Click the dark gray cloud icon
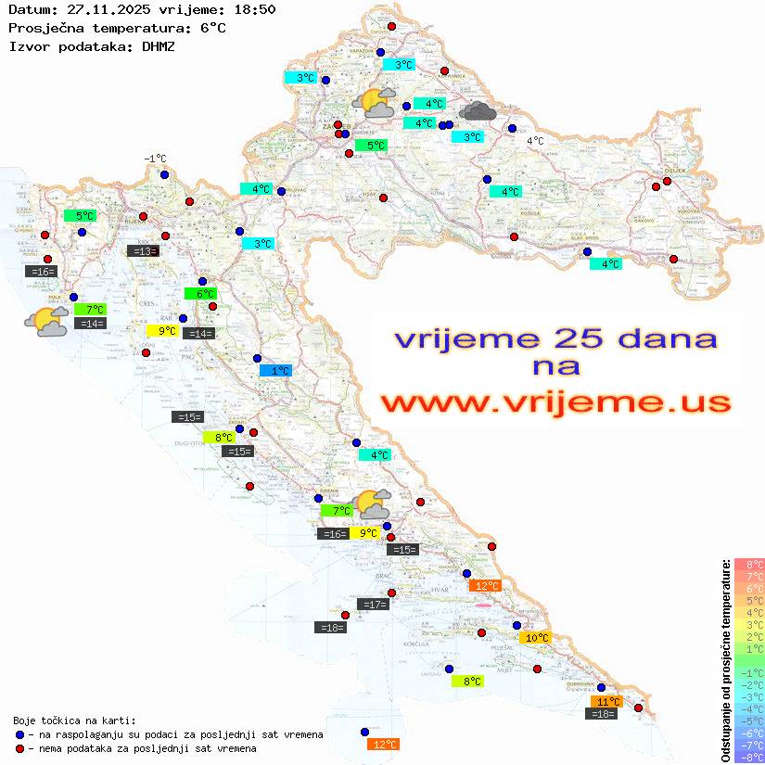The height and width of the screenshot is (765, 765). click(478, 112)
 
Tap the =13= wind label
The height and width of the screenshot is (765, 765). click(143, 250)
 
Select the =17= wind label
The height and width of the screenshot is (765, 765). click(373, 605)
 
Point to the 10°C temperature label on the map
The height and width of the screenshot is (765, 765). click(536, 638)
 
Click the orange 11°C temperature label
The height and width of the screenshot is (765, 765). click(607, 702)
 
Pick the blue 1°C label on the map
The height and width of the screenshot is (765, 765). click(275, 371)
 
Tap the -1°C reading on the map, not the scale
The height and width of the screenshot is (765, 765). click(155, 159)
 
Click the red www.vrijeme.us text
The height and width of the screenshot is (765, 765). click(555, 402)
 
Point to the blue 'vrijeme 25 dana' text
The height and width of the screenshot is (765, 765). click(555, 338)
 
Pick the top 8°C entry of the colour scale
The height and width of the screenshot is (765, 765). click(748, 565)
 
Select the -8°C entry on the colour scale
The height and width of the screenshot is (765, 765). click(748, 758)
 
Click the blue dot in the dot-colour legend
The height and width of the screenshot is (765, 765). click(19, 734)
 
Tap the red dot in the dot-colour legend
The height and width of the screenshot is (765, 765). click(19, 748)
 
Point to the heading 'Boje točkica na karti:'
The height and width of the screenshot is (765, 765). click(74, 720)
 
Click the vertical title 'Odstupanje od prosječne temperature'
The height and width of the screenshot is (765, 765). click(725, 660)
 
